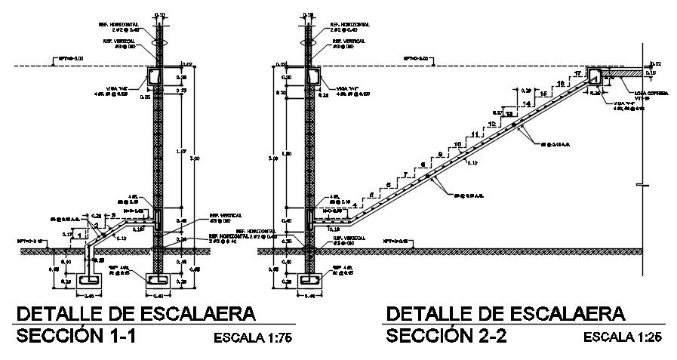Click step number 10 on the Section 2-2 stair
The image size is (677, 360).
(x=457, y=144)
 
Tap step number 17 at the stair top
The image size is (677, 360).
(x=577, y=74)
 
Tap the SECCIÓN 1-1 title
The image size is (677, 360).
(x=75, y=336)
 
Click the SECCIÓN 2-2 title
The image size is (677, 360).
(x=445, y=336)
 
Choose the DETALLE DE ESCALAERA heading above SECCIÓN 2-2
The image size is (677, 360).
(x=505, y=312)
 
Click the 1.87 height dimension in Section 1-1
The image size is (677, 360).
(x=179, y=151)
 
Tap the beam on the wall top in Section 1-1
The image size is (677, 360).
(x=154, y=76)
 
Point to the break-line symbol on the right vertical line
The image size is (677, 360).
(x=641, y=185)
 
